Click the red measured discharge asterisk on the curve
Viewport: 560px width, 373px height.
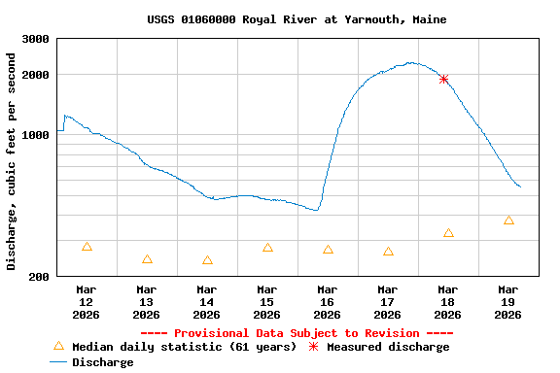(443, 79)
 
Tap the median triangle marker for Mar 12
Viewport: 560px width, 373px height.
(87, 247)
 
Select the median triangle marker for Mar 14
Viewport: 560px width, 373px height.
(207, 260)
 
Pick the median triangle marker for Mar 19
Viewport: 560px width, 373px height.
(508, 220)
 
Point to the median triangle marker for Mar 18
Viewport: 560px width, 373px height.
(448, 233)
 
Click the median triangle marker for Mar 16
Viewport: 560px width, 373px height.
(328, 250)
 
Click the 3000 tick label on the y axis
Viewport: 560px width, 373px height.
(36, 39)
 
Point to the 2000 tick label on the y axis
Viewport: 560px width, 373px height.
(36, 75)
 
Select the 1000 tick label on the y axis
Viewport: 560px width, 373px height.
(36, 135)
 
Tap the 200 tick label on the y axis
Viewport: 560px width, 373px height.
(40, 277)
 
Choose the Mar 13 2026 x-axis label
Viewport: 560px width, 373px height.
(146, 301)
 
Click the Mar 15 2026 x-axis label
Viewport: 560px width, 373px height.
(266, 301)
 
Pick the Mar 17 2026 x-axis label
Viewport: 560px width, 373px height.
(387, 301)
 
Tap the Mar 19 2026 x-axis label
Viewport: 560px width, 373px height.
(507, 301)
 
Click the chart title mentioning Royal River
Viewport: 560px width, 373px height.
(297, 19)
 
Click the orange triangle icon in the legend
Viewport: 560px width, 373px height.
(58, 346)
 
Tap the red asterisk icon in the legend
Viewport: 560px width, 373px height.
(314, 347)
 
